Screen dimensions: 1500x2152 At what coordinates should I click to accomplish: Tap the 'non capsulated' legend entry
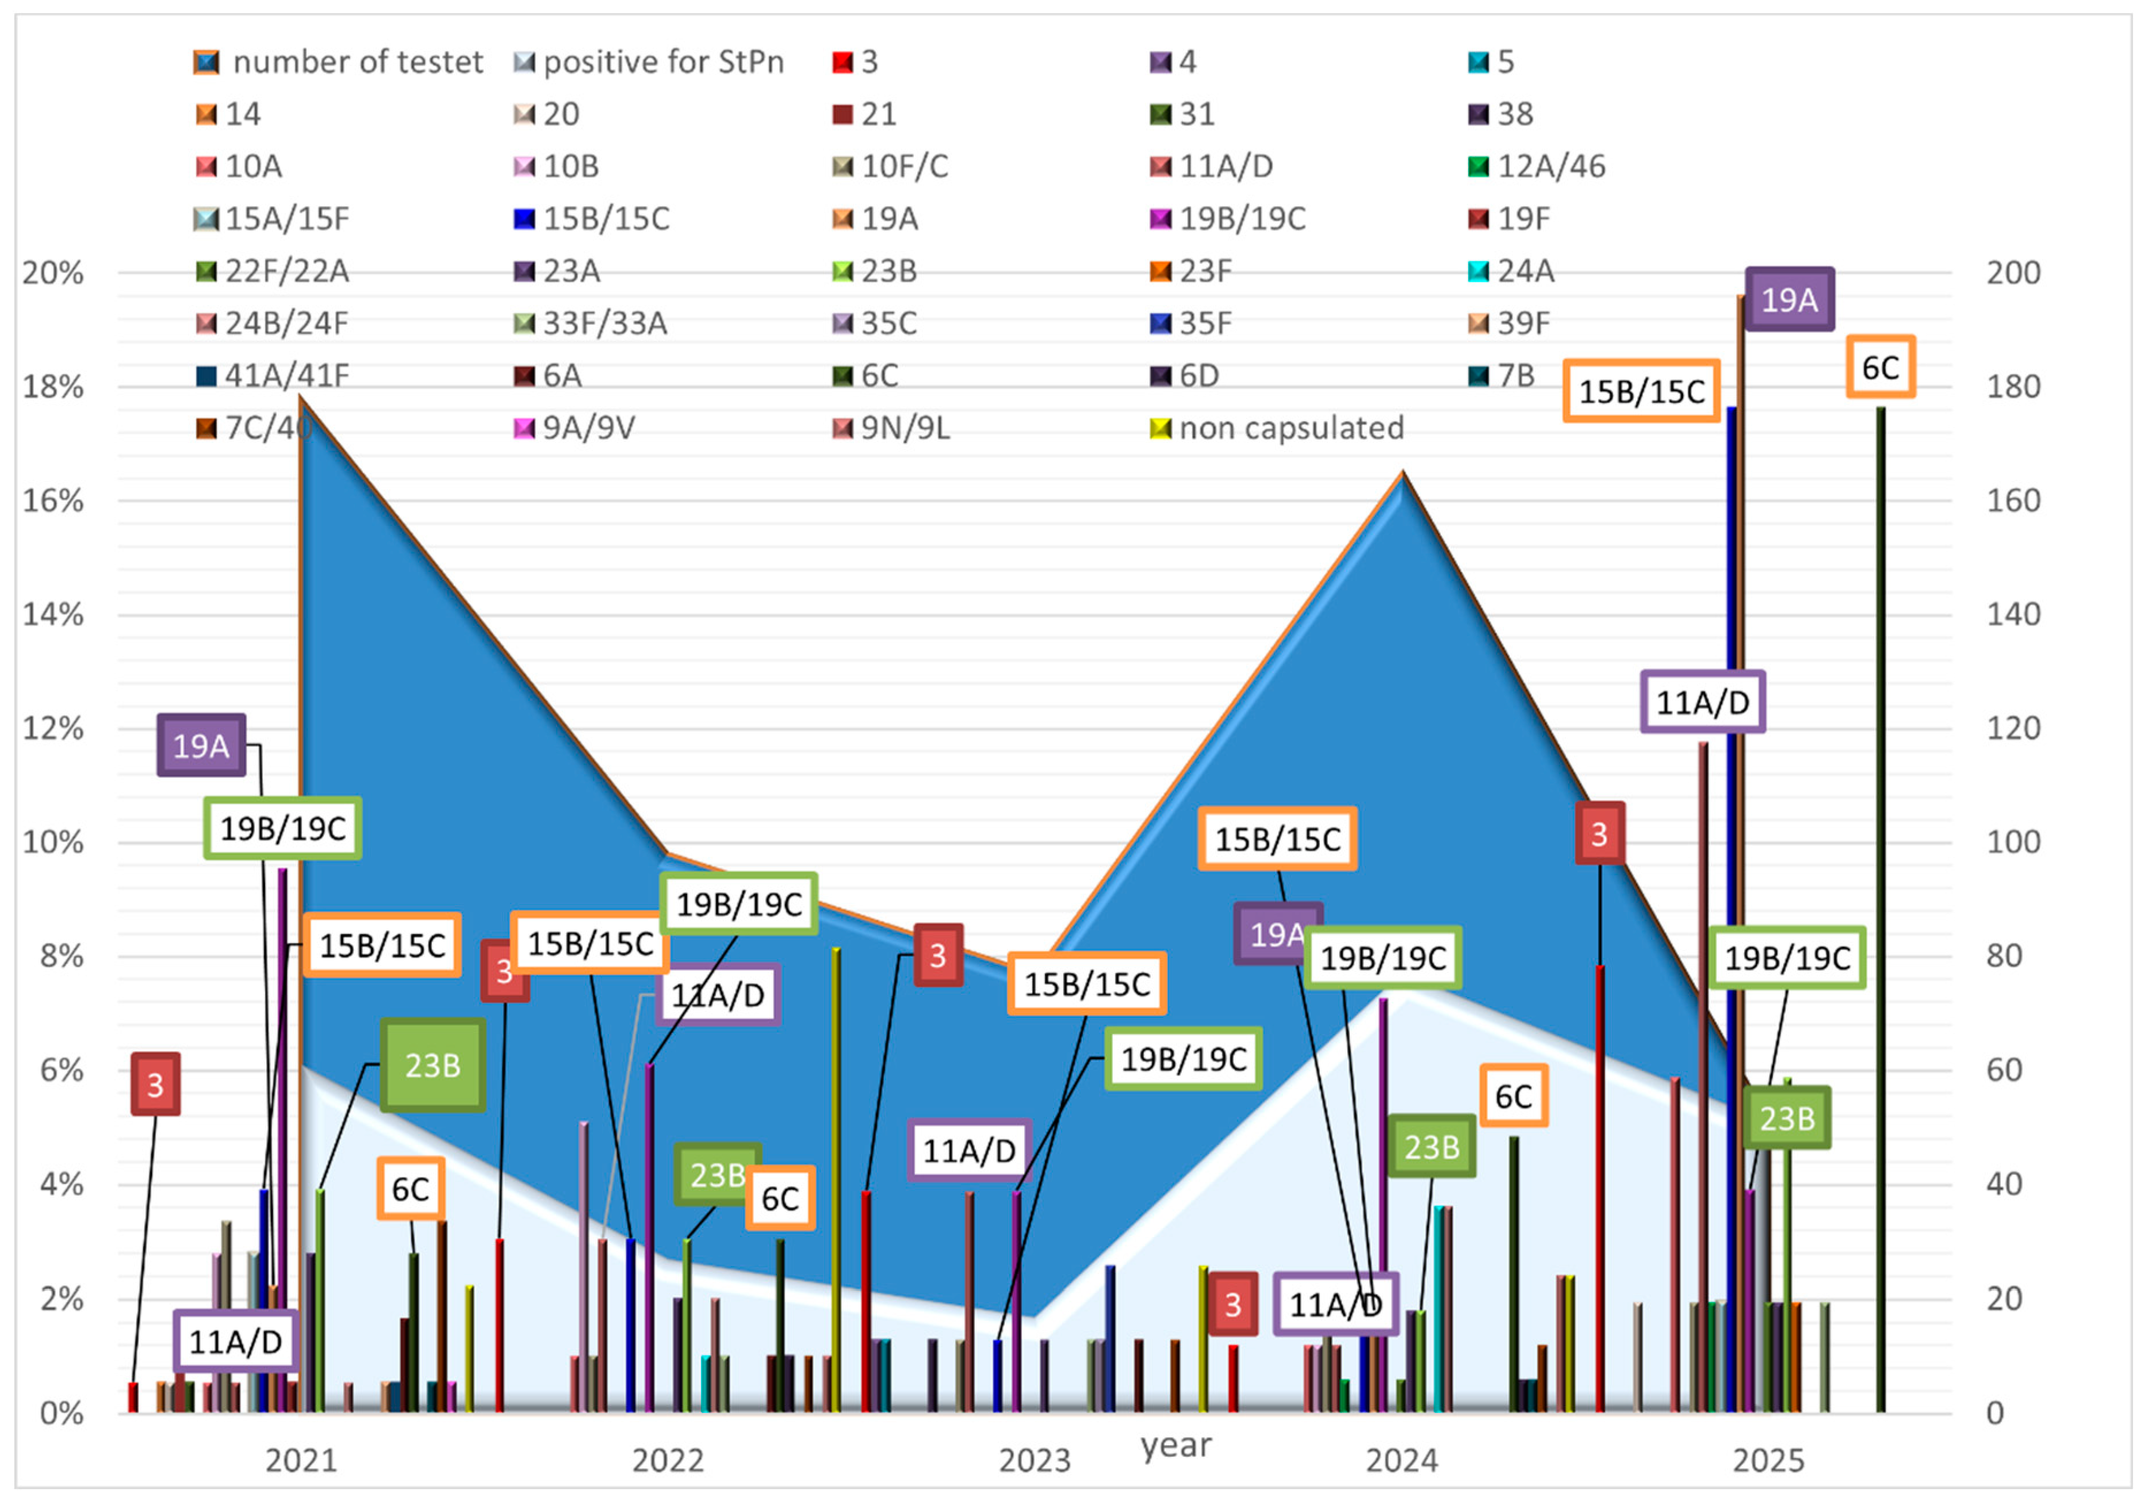pyautogui.click(x=1277, y=429)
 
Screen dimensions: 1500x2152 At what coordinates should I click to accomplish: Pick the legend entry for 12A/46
pyautogui.click(x=1537, y=167)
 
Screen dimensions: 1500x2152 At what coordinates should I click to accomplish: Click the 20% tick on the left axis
pyautogui.click(x=53, y=274)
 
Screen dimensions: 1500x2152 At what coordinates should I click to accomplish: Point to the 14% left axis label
pyautogui.click(x=53, y=615)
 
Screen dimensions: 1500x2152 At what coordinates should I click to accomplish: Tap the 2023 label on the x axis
pyautogui.click(x=1035, y=1461)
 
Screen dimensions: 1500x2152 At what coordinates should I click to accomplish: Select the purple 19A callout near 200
pyautogui.click(x=1789, y=300)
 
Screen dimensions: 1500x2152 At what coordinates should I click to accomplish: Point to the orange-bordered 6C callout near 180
pyautogui.click(x=1880, y=368)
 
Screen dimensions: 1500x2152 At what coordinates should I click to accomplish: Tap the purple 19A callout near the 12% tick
pyautogui.click(x=201, y=746)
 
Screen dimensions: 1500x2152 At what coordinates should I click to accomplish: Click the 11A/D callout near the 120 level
pyautogui.click(x=1703, y=702)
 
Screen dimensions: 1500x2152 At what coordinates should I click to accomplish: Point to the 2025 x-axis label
pyautogui.click(x=1768, y=1461)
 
